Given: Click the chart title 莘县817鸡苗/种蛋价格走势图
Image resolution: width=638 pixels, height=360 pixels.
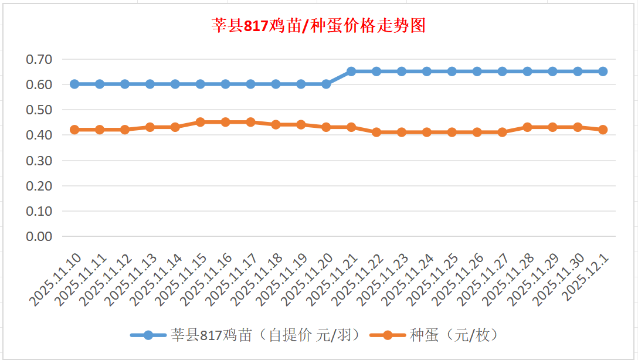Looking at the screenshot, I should pyautogui.click(x=318, y=26).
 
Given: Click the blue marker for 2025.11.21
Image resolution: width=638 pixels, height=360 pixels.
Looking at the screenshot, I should pyautogui.click(x=351, y=72).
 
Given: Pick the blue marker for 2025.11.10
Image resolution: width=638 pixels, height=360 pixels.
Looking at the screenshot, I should pyautogui.click(x=74, y=84).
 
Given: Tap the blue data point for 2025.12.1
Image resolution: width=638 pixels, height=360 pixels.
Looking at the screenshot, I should pyautogui.click(x=603, y=72).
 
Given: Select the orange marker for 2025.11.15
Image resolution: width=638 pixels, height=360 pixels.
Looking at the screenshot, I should pyautogui.click(x=201, y=122).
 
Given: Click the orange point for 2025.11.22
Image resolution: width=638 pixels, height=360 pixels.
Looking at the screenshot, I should pyautogui.click(x=376, y=133).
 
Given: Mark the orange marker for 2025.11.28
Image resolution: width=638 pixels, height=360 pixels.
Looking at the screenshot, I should pyautogui.click(x=527, y=127).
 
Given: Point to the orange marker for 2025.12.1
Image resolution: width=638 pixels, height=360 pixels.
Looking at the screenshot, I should pyautogui.click(x=603, y=130).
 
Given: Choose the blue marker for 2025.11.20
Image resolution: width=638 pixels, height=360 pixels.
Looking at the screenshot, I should pyautogui.click(x=326, y=84).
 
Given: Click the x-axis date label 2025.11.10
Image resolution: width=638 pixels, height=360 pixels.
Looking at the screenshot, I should pyautogui.click(x=56, y=279).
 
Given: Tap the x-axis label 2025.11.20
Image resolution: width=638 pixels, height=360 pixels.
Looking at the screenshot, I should pyautogui.click(x=308, y=279).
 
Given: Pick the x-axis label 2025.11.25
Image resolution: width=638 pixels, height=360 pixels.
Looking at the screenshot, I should pyautogui.click(x=434, y=279).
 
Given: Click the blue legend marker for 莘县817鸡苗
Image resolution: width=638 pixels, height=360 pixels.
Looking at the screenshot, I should pyautogui.click(x=148, y=335).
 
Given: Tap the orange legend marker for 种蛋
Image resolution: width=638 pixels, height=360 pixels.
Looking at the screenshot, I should pyautogui.click(x=388, y=335).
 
